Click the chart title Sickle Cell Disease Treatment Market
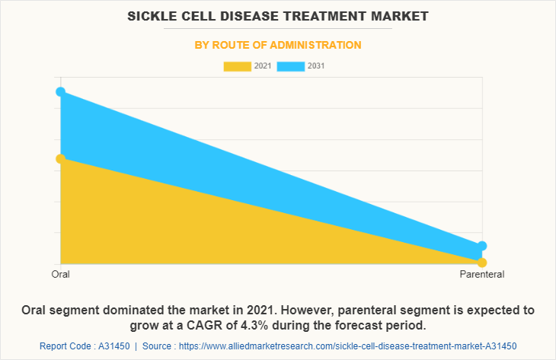pos(278,16)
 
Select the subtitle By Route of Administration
pos(278,46)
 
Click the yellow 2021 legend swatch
pos(237,66)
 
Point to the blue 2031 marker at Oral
pos(60,92)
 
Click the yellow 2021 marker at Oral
pos(60,158)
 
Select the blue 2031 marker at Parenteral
pos(481,246)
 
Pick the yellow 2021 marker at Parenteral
pos(481,263)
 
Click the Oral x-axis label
pos(60,274)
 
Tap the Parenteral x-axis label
pos(481,274)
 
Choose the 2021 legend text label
pos(263,66)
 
